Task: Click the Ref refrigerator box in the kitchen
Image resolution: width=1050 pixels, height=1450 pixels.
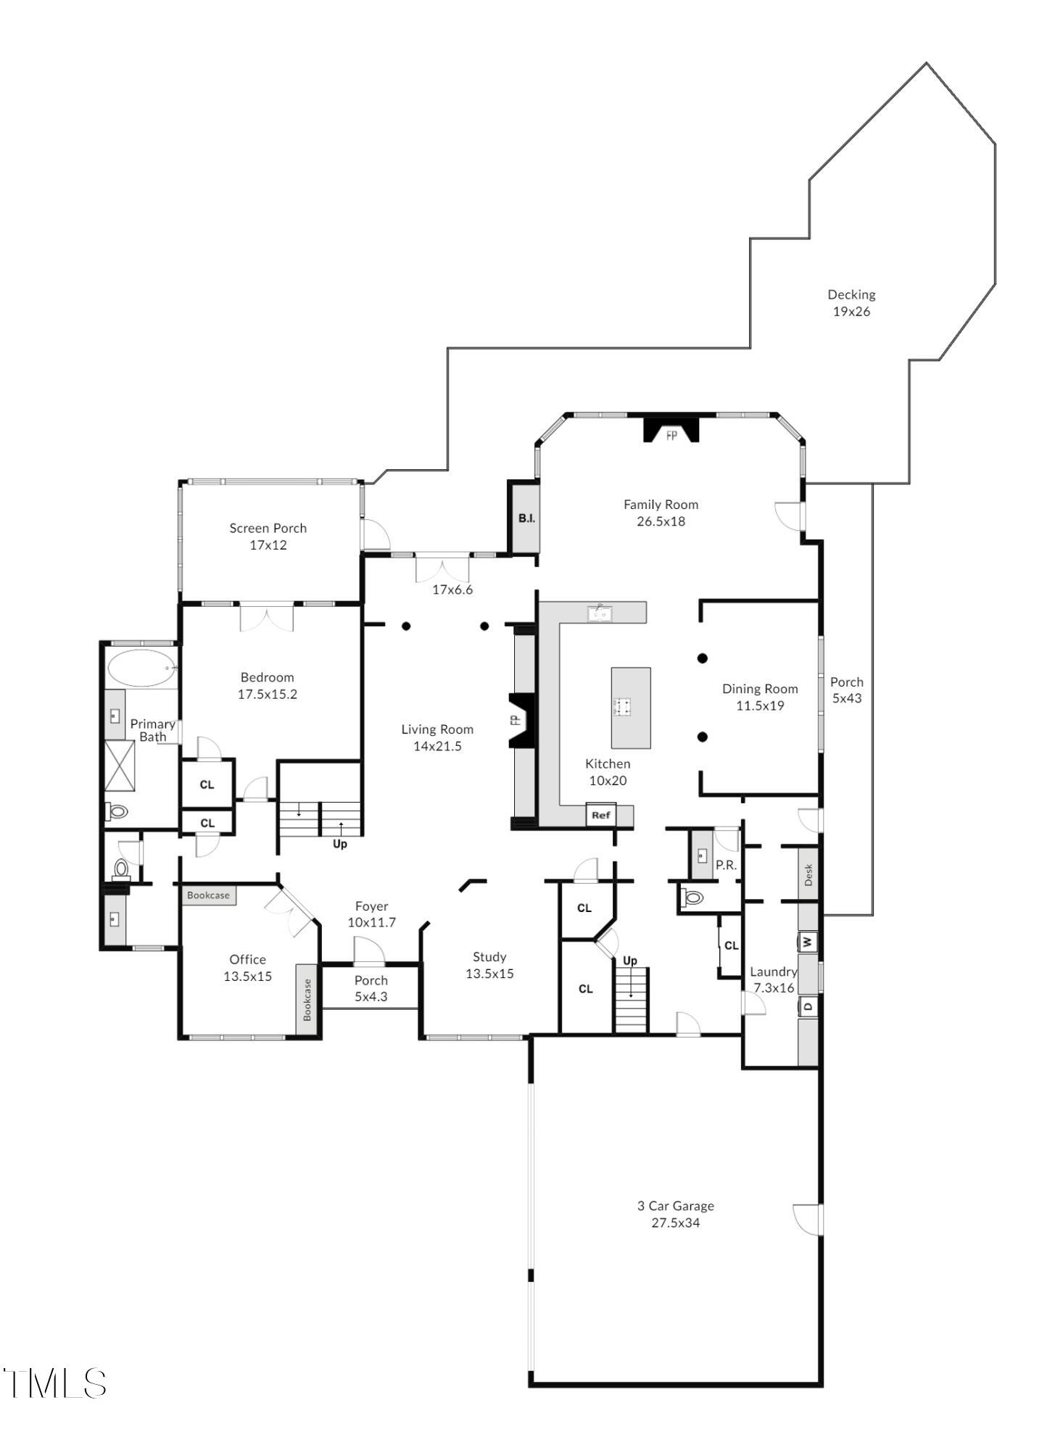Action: pyautogui.click(x=601, y=815)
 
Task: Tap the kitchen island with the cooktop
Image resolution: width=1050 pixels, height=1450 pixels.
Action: pyautogui.click(x=630, y=708)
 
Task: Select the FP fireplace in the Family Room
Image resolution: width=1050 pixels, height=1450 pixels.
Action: pyautogui.click(x=671, y=429)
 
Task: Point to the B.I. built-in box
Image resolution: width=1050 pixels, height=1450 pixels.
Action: pyautogui.click(x=526, y=518)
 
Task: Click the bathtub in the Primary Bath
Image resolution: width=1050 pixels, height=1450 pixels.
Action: pyautogui.click(x=141, y=668)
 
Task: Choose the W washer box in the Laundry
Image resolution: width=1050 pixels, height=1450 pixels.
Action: pyautogui.click(x=809, y=942)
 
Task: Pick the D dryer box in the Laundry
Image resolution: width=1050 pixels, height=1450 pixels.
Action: pyautogui.click(x=809, y=1006)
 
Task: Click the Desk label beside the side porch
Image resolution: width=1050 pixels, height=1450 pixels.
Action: pyautogui.click(x=809, y=874)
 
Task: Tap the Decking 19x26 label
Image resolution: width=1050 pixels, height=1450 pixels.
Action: pyautogui.click(x=851, y=303)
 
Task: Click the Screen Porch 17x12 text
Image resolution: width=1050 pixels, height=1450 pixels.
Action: pyautogui.click(x=268, y=536)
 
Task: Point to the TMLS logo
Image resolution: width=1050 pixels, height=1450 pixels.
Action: pyautogui.click(x=54, y=1383)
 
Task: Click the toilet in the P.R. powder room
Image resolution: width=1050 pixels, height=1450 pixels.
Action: pyautogui.click(x=693, y=898)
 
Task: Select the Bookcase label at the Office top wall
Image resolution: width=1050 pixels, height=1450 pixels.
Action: pyautogui.click(x=208, y=895)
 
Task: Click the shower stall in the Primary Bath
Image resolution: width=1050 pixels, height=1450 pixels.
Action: pyautogui.click(x=120, y=766)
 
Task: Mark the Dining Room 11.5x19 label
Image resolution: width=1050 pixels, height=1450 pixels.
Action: pyautogui.click(x=759, y=697)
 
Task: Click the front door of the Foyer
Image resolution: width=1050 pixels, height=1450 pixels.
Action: pyautogui.click(x=369, y=951)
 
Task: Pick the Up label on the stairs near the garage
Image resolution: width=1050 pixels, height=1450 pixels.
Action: pyautogui.click(x=629, y=961)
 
